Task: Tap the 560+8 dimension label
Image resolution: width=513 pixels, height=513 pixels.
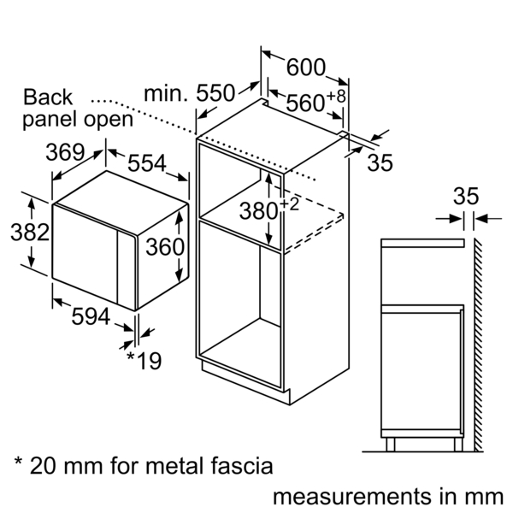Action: pyautogui.click(x=316, y=102)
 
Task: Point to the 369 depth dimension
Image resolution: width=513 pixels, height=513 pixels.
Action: pyautogui.click(x=64, y=153)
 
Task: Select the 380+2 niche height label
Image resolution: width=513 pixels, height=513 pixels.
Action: pyautogui.click(x=281, y=208)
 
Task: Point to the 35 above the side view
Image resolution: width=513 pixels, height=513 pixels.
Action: pyautogui.click(x=467, y=196)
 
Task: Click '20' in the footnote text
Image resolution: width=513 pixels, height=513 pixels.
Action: pyautogui.click(x=44, y=466)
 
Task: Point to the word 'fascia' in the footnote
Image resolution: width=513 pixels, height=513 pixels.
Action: pyautogui.click(x=245, y=466)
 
